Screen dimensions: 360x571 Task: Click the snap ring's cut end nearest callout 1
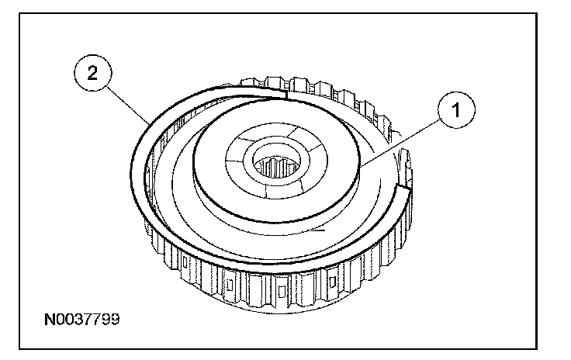(x=402, y=187)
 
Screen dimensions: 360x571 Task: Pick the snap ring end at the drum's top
(x=286, y=95)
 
